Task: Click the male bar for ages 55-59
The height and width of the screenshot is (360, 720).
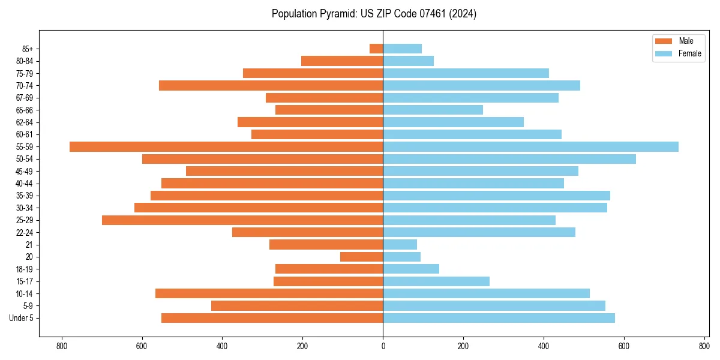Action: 226,146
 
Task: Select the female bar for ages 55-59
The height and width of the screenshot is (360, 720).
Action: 530,146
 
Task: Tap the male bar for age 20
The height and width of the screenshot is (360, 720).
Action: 361,257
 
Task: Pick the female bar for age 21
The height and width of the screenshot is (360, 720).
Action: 400,244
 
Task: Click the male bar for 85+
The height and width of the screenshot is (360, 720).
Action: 376,49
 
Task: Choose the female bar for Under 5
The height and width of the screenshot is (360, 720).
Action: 499,318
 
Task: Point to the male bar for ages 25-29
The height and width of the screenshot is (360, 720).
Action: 242,220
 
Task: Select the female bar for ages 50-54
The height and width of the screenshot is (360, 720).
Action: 509,159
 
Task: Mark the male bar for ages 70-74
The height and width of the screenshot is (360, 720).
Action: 271,85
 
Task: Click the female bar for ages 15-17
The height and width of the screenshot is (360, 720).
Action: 436,281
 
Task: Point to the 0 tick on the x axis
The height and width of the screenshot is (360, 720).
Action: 383,346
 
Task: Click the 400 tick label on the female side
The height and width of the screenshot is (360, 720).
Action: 544,346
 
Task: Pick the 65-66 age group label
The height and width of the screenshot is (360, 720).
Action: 25,110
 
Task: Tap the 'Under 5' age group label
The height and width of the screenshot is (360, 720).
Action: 22,318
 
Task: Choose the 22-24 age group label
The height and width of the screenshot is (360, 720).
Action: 25,232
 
